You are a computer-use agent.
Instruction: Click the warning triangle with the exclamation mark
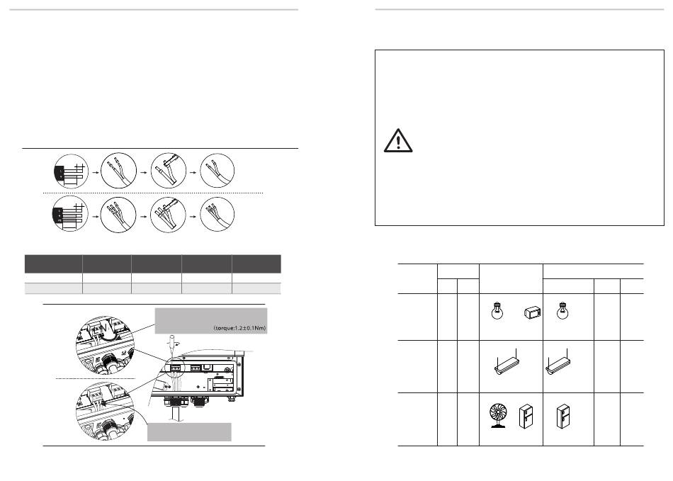tap(398, 141)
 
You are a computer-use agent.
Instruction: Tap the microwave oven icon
tap(532, 313)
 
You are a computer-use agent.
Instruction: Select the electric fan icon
tap(498, 415)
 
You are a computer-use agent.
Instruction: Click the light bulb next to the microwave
tap(497, 311)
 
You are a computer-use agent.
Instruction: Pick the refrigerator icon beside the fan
tap(526, 417)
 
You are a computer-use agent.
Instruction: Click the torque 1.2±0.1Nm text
tap(239, 328)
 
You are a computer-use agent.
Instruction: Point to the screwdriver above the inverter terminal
tap(171, 344)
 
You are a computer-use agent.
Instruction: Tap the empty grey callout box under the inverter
tap(189, 431)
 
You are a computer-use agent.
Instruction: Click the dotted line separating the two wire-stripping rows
tap(153, 193)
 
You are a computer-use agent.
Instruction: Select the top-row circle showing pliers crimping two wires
tap(169, 171)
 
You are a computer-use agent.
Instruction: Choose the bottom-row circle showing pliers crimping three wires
tap(168, 215)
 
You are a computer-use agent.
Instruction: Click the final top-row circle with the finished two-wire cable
tap(217, 171)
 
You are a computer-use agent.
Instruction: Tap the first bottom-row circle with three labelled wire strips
tap(70, 214)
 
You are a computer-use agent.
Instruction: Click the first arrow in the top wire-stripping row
tap(96, 172)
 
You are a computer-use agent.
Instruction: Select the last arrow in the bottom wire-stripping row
tap(193, 216)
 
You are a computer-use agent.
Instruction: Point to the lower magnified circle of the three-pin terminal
tap(105, 412)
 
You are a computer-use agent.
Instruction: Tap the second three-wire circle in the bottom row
tap(118, 215)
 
